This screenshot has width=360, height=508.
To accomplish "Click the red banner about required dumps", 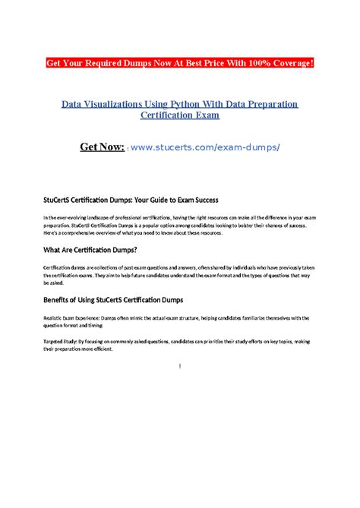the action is [x=179, y=62].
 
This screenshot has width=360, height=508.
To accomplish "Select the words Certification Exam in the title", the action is [x=180, y=115].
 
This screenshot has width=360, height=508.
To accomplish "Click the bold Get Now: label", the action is [x=103, y=145].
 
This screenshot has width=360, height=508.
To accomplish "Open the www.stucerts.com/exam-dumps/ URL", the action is [x=205, y=146].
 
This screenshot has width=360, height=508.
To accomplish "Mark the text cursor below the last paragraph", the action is [x=179, y=367].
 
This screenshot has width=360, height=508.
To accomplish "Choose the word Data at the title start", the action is [x=74, y=103].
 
